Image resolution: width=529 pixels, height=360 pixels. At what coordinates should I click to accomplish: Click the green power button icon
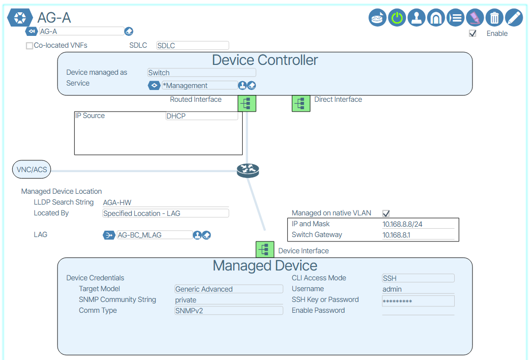397,18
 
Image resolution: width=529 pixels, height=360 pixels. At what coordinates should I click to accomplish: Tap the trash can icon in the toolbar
494,18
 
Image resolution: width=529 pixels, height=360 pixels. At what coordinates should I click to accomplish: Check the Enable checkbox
473,33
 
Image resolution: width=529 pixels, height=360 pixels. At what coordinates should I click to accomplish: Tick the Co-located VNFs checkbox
30,46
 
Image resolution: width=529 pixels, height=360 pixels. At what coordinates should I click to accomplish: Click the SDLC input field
192,46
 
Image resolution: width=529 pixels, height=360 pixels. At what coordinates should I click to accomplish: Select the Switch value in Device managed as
201,73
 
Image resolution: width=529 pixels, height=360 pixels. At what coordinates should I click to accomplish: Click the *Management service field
199,86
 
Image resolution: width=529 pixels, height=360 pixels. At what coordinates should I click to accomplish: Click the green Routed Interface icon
247,103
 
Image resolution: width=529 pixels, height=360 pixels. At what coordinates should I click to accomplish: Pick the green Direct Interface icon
301,103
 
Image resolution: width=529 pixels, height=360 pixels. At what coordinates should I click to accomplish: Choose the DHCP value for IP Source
201,116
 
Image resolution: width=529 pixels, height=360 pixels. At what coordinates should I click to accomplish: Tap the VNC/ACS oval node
32,170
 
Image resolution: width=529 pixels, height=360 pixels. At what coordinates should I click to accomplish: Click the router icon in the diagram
248,171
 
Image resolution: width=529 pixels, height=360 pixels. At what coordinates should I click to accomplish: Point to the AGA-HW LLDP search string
117,203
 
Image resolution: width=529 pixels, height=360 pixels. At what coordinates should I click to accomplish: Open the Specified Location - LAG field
165,213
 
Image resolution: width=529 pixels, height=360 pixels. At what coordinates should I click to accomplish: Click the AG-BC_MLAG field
154,235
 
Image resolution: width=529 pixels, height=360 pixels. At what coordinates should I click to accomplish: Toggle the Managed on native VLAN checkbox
386,213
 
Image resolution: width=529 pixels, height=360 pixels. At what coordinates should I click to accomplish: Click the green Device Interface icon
265,250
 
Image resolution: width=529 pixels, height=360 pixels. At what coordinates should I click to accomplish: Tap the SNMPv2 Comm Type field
229,310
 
